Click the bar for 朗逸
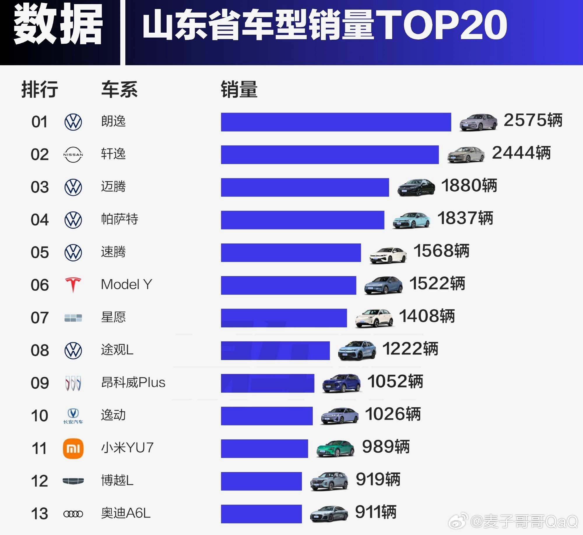(x=336, y=122)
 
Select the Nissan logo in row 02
(x=73, y=155)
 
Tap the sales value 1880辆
(x=469, y=186)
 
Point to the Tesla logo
(x=73, y=285)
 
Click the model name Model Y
(x=127, y=284)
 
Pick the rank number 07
(x=40, y=318)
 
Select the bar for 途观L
(x=275, y=350)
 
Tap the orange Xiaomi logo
(x=73, y=448)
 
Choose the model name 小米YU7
(x=127, y=448)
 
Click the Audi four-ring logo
(x=73, y=514)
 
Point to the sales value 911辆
(x=375, y=512)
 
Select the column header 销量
(x=239, y=90)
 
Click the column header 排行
(x=40, y=90)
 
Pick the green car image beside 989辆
(x=335, y=448)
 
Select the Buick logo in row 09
(x=73, y=383)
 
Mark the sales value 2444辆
(x=521, y=153)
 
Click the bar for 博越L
(x=261, y=481)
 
